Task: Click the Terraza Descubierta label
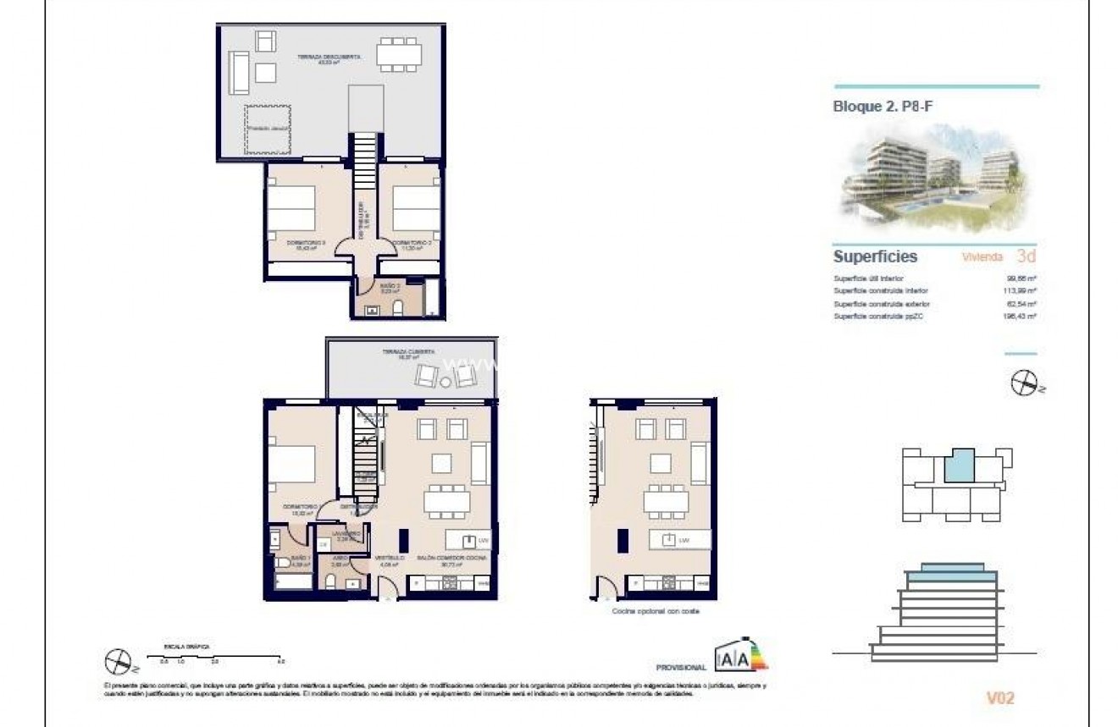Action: point(329,58)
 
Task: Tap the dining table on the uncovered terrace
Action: point(400,53)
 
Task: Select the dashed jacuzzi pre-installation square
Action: point(269,129)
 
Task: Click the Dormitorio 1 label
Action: point(300,508)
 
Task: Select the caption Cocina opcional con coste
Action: point(655,610)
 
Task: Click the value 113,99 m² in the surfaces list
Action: point(1020,291)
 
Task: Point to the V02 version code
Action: point(1000,698)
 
